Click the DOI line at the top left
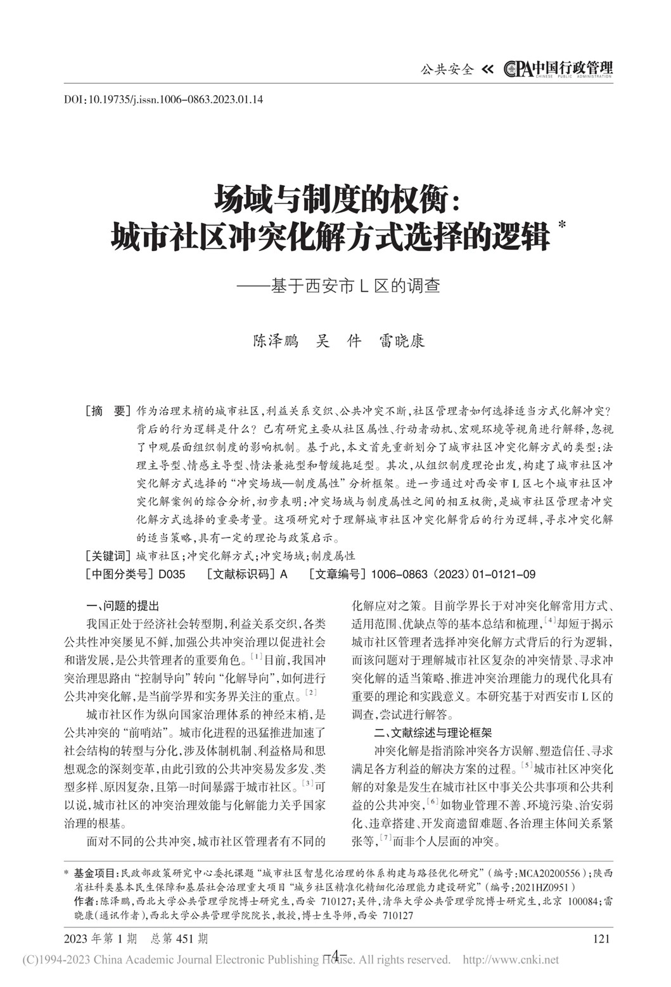(163, 100)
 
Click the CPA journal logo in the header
(558, 68)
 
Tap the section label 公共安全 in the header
(447, 70)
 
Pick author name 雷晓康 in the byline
(402, 340)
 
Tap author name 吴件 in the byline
(338, 340)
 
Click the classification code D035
(171, 574)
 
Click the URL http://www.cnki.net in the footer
(511, 960)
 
